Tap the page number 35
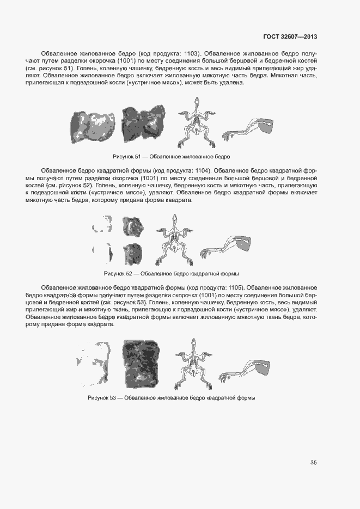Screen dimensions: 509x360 coord(314,463)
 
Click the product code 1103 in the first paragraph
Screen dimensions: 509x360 coord(190,54)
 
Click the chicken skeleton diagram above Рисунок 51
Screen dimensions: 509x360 coord(197,123)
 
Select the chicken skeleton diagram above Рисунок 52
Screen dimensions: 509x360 coord(174,238)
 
